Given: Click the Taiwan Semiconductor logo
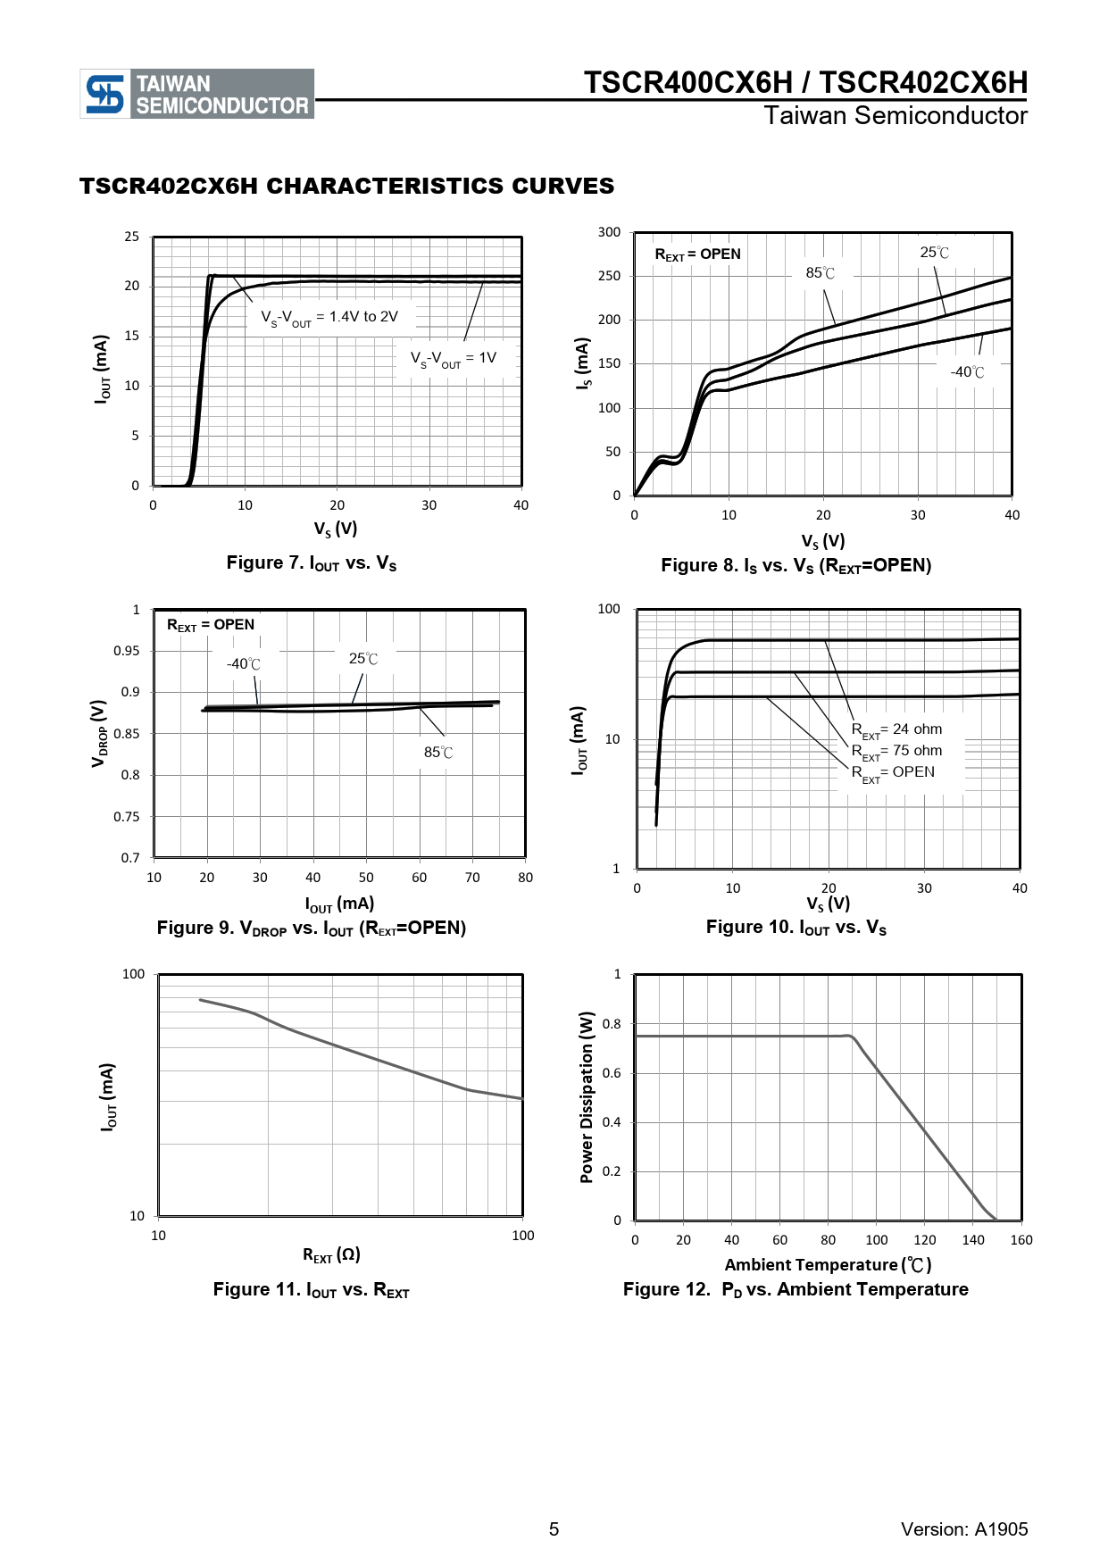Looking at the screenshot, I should point(196,94).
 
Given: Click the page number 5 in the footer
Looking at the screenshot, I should point(554,1529).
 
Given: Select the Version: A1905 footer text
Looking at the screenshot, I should point(964,1529).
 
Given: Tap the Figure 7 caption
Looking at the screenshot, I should point(311,563).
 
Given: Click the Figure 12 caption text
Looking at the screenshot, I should point(795,1289).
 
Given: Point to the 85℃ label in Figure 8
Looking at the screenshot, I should point(821,273).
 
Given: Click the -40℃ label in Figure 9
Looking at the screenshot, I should point(244,664).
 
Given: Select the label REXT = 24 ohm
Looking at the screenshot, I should point(896,730).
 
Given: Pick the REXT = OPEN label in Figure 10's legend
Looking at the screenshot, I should point(893,773).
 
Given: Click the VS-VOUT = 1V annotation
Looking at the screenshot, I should point(453,359).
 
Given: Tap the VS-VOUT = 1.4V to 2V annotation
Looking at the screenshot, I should point(329,318).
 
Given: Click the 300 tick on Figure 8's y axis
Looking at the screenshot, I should point(609,232).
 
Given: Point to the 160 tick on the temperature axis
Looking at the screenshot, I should point(1021,1240).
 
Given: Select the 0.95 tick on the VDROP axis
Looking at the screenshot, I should point(127,651).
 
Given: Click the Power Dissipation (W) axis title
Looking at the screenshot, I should point(587,1097).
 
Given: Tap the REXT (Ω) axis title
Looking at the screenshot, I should point(331,1255).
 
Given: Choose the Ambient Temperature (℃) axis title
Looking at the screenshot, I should point(828,1265).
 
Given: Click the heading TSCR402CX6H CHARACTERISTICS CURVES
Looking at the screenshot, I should point(346,186).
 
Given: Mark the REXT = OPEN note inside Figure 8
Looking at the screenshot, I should point(697,254).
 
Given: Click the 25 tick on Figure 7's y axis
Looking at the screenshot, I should point(132,237).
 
